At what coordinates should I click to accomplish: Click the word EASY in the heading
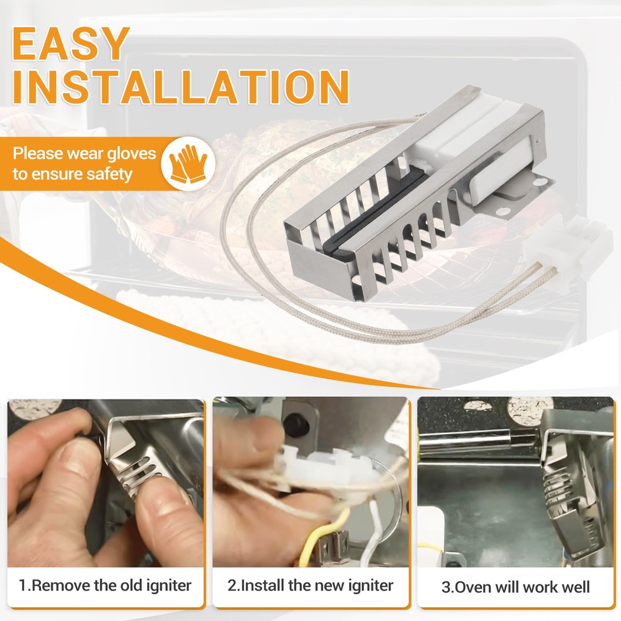point(71,43)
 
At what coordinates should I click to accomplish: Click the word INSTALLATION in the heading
point(181,87)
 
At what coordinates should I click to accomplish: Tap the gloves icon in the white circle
point(188,163)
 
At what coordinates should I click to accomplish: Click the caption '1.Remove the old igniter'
point(105,586)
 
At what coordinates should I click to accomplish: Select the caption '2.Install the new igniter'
point(310,586)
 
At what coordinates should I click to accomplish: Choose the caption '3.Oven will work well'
point(515,587)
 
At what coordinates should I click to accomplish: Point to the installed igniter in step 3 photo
point(570,491)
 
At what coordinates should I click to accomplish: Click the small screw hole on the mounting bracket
point(542,183)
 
